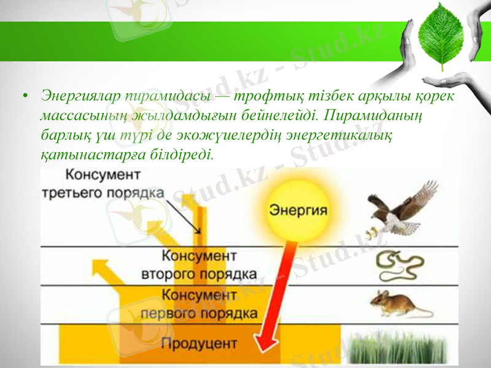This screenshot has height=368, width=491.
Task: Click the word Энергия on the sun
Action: click(298, 210)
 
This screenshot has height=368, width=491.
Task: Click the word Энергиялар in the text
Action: click(80, 97)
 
